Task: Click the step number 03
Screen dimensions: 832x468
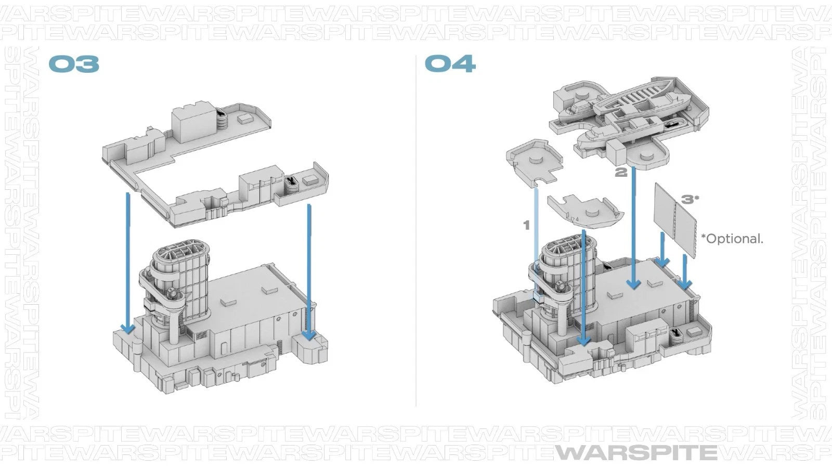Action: tap(74, 64)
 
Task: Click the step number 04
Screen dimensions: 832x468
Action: tap(450, 63)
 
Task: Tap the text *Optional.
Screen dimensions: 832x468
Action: tap(732, 239)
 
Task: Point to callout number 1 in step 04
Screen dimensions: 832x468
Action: tap(526, 225)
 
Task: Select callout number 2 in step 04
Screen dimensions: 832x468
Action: tap(621, 172)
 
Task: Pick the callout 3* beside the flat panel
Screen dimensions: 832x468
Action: tap(690, 200)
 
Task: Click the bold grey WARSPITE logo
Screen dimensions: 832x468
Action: tap(636, 453)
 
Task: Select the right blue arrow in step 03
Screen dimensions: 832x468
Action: tap(309, 272)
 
